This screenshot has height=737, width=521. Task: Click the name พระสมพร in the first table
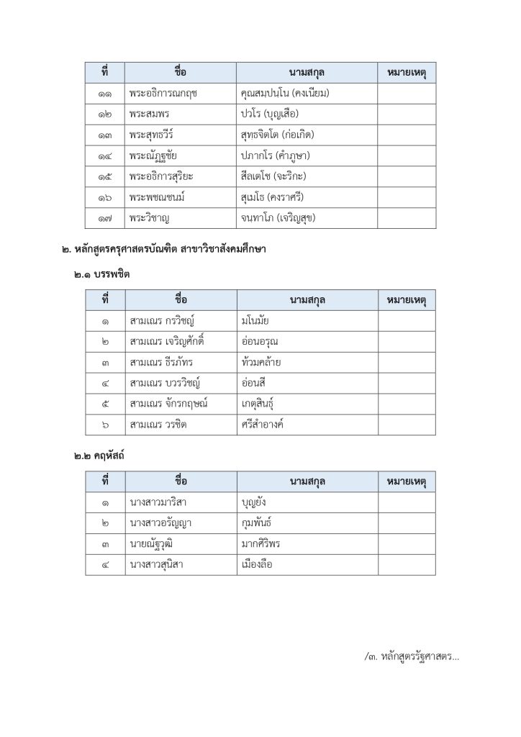(x=150, y=114)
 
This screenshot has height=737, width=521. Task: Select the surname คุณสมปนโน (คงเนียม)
(x=286, y=93)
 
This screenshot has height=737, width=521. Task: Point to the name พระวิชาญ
(x=150, y=217)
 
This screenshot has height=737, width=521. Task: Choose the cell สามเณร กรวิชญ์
(x=163, y=321)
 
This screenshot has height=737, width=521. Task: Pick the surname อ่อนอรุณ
(x=260, y=342)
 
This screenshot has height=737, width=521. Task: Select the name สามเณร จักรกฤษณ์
(x=168, y=404)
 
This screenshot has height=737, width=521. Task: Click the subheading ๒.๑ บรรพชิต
(x=101, y=274)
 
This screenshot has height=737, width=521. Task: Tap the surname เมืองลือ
(x=258, y=564)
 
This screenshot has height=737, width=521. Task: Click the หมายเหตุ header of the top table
(x=407, y=73)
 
